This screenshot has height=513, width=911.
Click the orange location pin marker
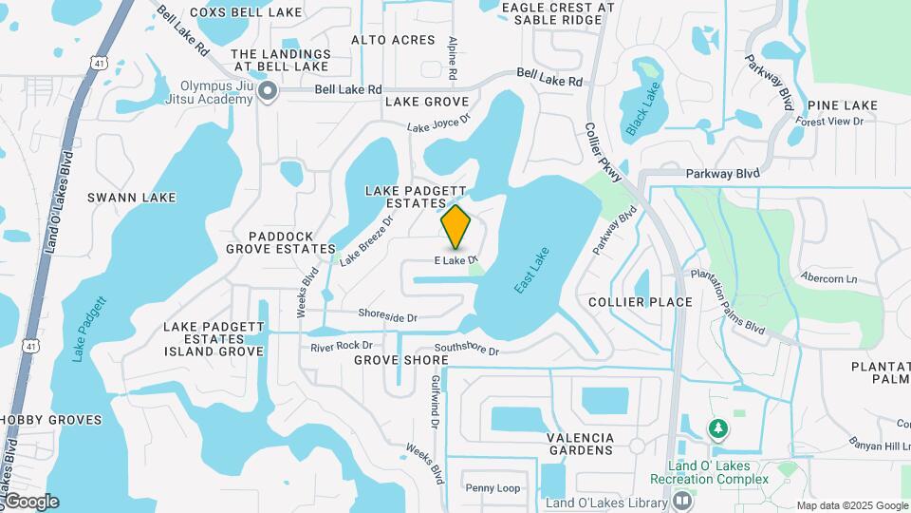coord(456,227)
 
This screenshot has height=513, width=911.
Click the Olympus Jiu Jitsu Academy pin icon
coord(268,92)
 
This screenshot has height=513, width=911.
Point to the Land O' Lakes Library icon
coord(680,501)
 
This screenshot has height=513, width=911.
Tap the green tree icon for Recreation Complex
coord(718,429)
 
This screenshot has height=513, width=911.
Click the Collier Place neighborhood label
coord(640,302)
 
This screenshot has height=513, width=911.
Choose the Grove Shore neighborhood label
coord(400,361)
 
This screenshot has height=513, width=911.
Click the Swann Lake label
coord(132,198)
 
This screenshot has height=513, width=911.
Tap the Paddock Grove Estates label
coord(280,242)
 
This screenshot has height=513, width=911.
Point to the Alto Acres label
coord(393,40)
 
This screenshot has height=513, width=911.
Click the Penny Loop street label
coord(493,488)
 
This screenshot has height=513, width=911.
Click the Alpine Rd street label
coord(454,58)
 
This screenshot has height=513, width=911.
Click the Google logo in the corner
coord(31,502)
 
